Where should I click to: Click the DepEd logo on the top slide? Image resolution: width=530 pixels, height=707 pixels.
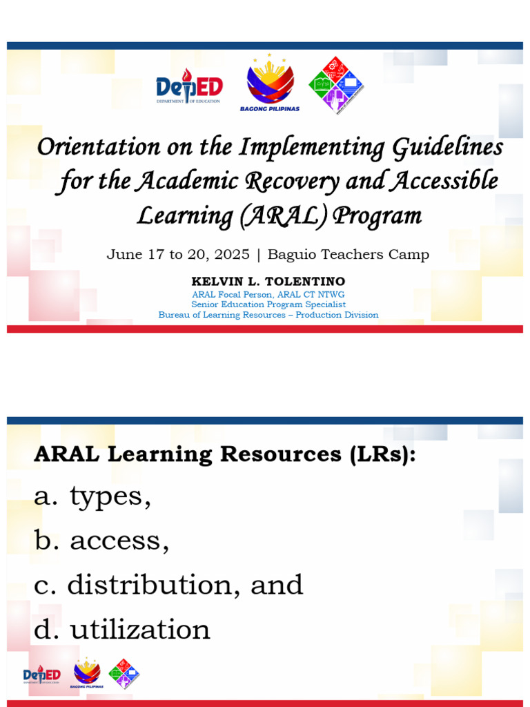click(x=188, y=88)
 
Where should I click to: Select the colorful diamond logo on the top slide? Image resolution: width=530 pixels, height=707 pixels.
click(x=335, y=84)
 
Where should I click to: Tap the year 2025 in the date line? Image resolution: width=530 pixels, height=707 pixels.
click(x=231, y=255)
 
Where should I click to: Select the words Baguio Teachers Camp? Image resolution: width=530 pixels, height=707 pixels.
click(x=348, y=255)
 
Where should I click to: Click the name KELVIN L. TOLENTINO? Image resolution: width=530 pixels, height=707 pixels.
click(x=268, y=282)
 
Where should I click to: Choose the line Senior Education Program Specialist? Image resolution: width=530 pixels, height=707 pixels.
click(x=268, y=304)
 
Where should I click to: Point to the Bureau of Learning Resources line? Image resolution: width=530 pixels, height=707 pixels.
click(x=268, y=315)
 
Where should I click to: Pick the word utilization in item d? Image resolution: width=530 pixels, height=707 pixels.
click(x=140, y=629)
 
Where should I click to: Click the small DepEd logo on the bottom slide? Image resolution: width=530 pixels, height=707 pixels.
click(x=42, y=675)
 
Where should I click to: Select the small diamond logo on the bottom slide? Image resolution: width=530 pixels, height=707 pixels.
click(x=124, y=674)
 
